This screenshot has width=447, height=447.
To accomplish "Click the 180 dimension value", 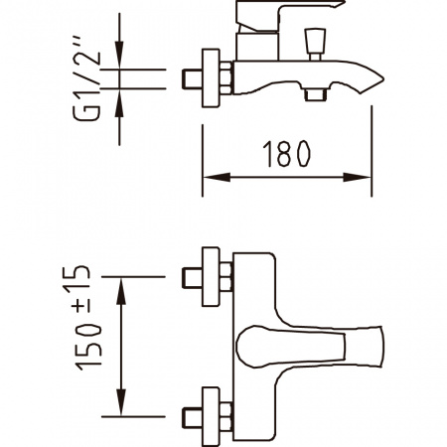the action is pos(286,154).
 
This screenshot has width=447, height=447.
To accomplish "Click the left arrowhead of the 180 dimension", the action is pos(216,177).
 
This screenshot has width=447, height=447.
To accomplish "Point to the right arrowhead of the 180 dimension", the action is pos(357,177).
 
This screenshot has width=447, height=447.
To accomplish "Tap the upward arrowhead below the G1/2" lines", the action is pos(119,102).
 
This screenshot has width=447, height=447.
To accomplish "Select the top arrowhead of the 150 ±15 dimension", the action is pos(121,291).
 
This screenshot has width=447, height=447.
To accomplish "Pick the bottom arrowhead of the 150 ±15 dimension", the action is pos(121,402).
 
